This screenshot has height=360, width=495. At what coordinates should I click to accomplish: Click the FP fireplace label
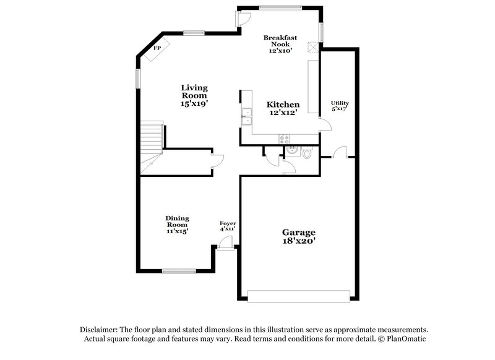pos(157,48)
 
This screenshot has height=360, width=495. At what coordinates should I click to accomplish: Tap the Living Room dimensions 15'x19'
pos(194,105)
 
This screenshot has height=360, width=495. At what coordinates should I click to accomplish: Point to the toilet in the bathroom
pos(307,153)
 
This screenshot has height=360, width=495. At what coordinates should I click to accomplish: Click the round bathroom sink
pos(293,149)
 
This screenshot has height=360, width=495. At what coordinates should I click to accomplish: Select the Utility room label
pos(340,103)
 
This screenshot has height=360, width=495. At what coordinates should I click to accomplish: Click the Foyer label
pos(228,223)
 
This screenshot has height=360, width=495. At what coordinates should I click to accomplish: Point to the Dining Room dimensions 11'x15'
pos(177,231)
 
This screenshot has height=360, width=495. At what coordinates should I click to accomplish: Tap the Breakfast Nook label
pos(280,41)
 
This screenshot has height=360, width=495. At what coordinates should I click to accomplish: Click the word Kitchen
pos(283,105)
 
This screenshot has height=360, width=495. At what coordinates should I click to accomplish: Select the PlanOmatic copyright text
pos(403,340)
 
